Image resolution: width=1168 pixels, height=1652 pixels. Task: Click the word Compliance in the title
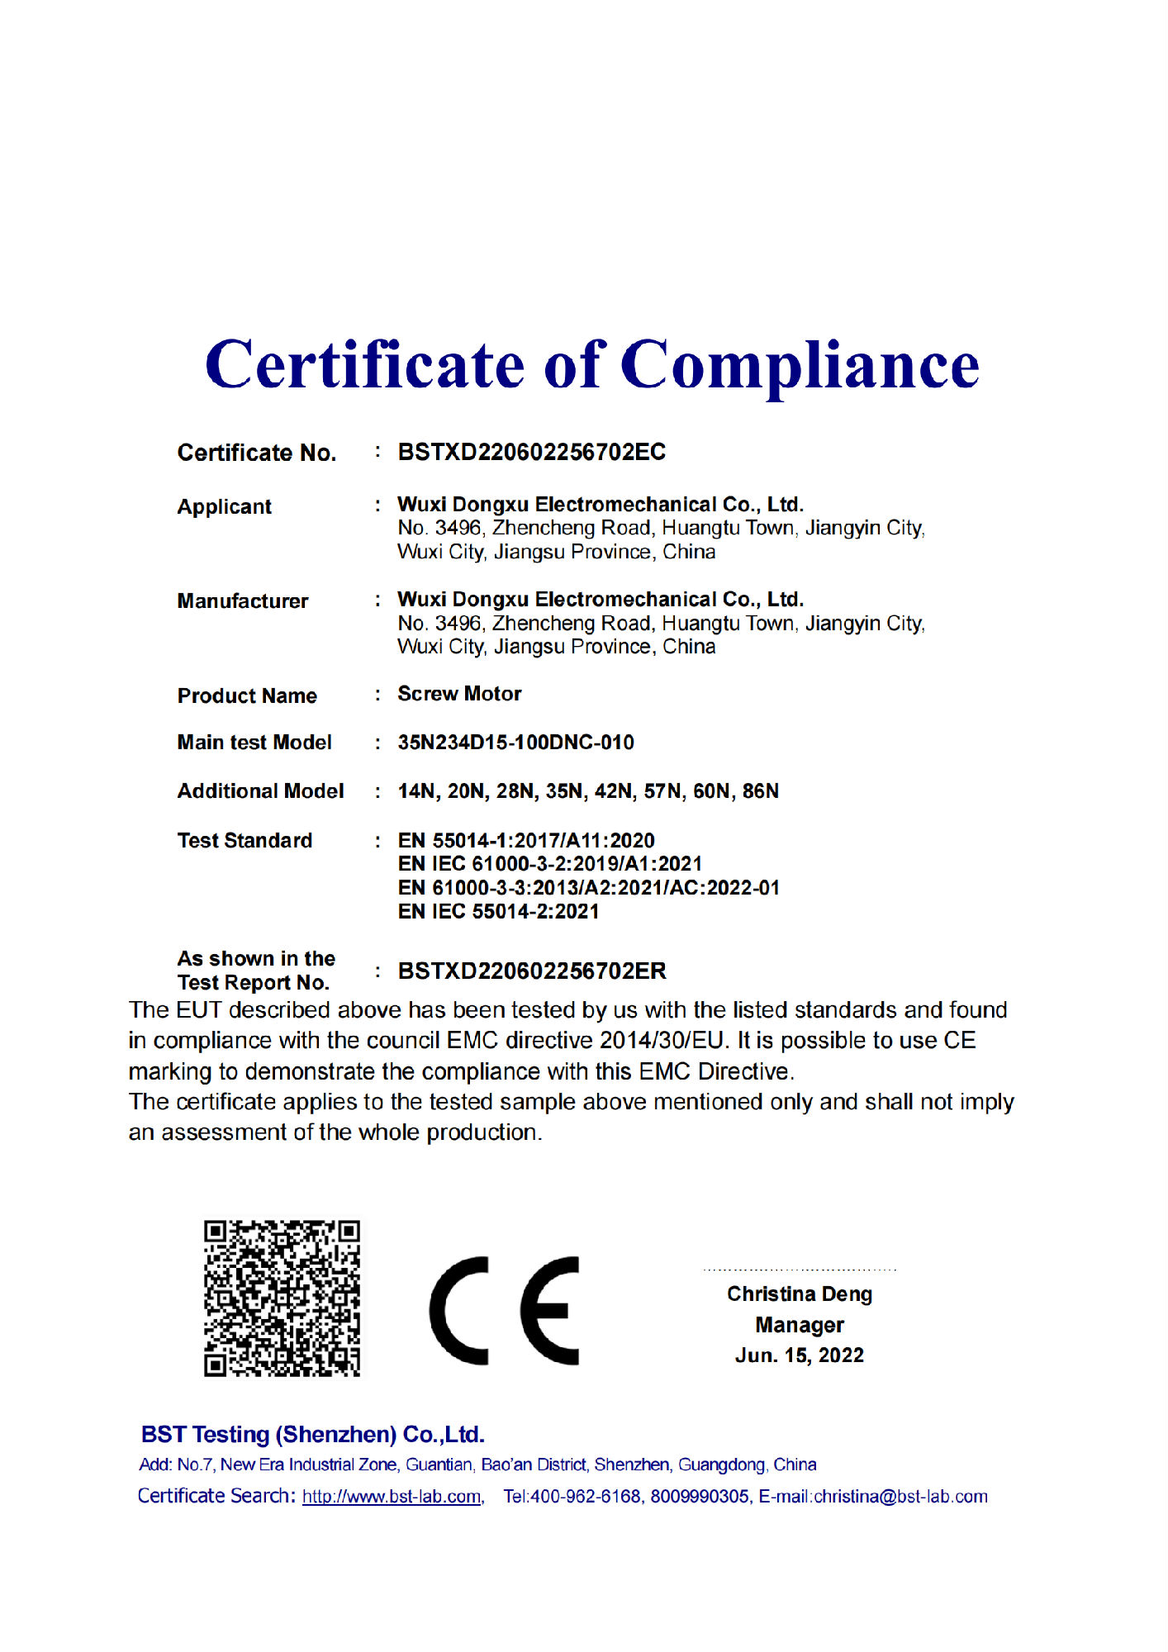coord(799,366)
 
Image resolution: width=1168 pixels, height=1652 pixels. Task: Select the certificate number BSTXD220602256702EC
coord(531,453)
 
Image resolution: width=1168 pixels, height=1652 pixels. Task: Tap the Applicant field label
coord(224,506)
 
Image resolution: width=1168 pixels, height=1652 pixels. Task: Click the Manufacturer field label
coord(243,601)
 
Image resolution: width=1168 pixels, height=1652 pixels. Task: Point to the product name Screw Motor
coord(459,694)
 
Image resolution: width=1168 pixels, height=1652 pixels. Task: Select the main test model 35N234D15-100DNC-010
coord(515,743)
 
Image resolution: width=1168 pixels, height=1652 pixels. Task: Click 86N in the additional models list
coord(760,791)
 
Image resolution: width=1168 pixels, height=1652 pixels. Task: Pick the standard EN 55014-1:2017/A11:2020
coord(526,841)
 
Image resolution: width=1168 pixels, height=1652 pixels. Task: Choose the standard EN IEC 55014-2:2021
coord(498,912)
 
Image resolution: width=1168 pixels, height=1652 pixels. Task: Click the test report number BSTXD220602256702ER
coord(532,971)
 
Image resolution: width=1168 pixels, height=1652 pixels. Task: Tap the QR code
coord(282,1298)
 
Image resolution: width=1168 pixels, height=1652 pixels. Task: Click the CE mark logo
coord(504,1310)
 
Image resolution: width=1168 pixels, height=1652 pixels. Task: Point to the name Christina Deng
coord(799,1294)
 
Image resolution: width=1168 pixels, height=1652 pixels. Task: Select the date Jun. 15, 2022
coord(799,1355)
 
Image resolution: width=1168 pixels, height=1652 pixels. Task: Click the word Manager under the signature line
coord(799,1325)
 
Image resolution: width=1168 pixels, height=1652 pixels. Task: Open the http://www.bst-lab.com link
coord(392,1497)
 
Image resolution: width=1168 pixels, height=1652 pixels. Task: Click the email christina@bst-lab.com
coord(900,1497)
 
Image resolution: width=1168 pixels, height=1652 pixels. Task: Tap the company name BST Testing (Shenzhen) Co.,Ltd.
coord(312,1435)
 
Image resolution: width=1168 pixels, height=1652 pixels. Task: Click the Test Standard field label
coord(245,841)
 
